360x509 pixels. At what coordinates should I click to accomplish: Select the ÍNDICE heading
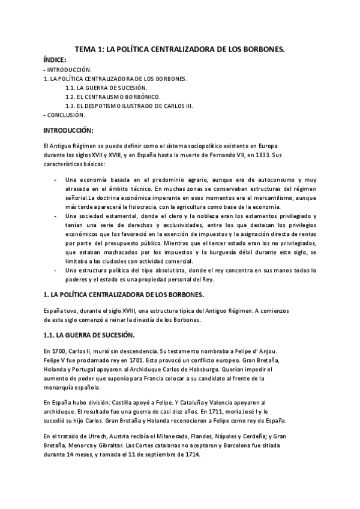(x=56, y=61)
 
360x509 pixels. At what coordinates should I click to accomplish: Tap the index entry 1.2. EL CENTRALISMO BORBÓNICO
(x=113, y=96)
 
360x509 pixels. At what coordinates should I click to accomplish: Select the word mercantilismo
(x=262, y=197)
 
